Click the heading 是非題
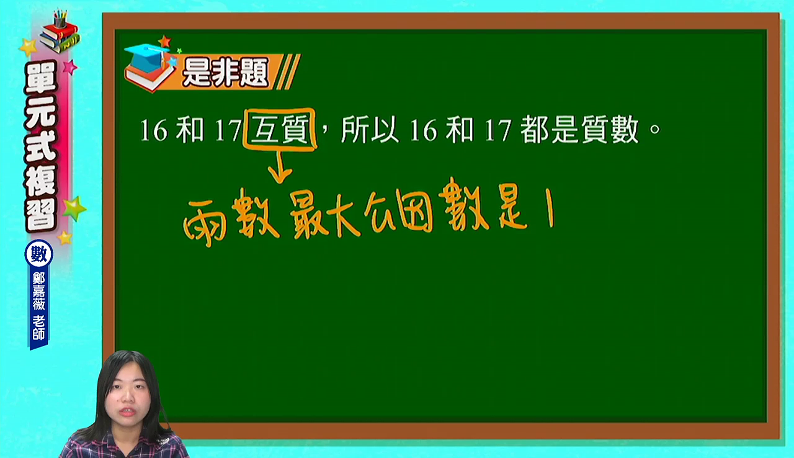point(225,73)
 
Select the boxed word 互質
point(280,129)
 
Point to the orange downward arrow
point(280,166)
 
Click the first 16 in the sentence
point(153,130)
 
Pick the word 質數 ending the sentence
point(610,130)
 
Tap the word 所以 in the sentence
point(369,130)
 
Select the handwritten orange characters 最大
point(324,215)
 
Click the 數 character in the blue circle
point(39,254)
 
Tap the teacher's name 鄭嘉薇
point(38,291)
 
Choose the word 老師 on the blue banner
point(38,328)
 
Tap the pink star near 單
point(70,67)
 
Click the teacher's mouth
point(127,411)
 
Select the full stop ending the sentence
point(655,128)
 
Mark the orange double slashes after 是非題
point(288,71)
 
